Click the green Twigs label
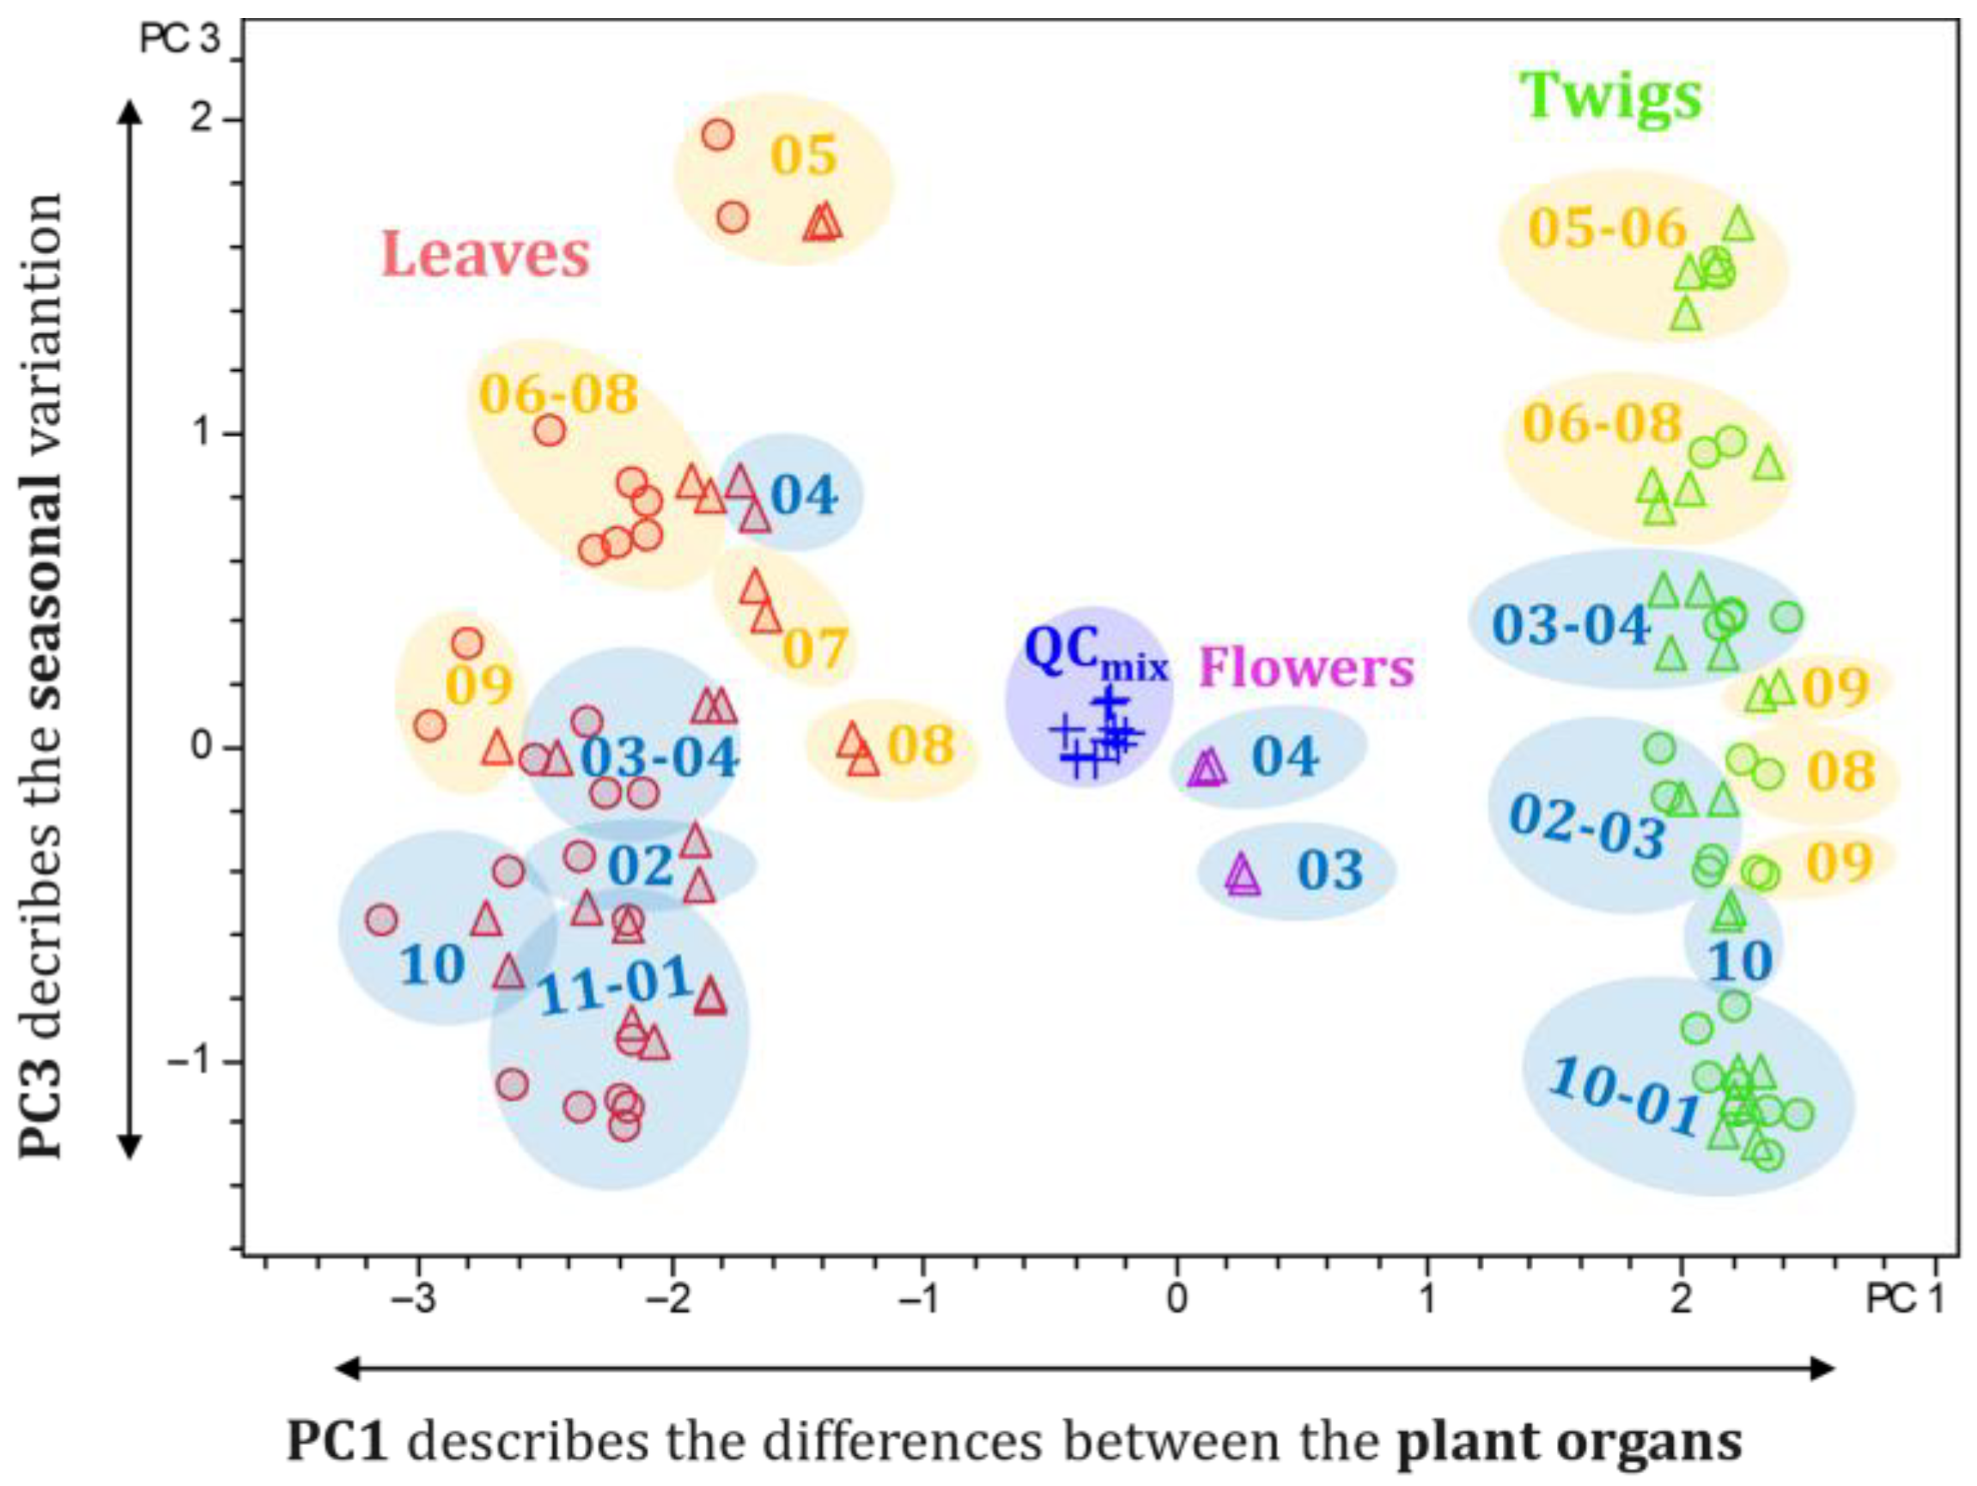pos(1610,98)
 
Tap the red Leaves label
pos(486,255)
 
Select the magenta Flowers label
pos(1305,668)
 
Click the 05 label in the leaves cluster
pos(804,155)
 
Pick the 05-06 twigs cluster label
pos(1607,227)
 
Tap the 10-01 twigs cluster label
pos(1623,1095)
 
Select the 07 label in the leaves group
pos(815,649)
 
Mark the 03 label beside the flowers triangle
pos(1330,870)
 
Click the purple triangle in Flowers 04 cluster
pos(1207,767)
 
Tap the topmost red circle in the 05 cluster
pos(718,136)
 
